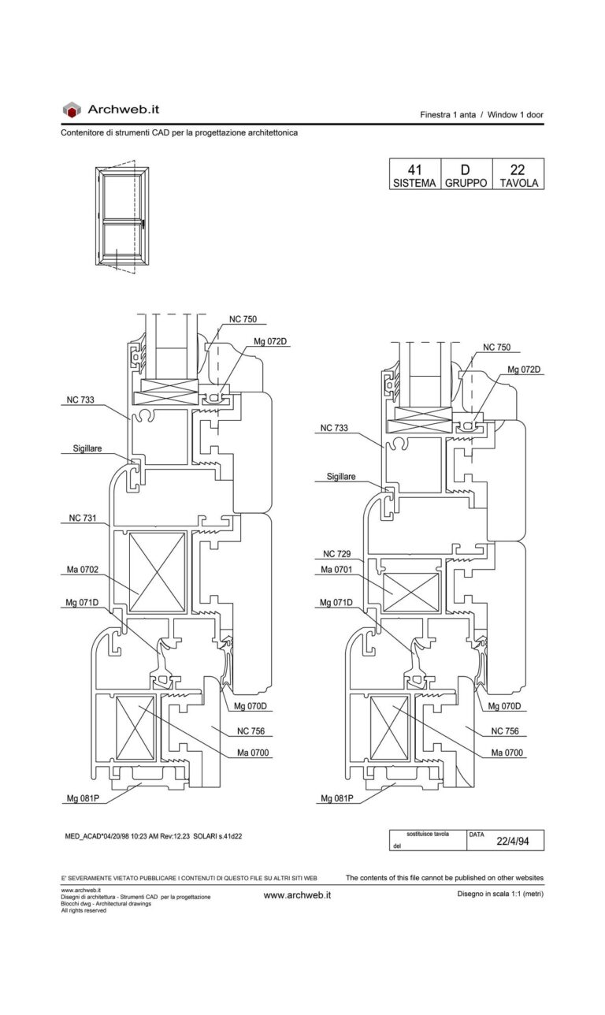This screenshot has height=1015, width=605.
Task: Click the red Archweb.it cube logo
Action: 72,110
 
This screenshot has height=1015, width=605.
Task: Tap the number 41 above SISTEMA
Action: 415,169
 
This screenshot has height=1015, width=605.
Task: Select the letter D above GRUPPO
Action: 465,169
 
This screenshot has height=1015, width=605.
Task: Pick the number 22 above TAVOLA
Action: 517,169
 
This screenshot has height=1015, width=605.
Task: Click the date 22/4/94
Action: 513,841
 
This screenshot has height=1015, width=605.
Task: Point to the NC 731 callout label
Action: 83,518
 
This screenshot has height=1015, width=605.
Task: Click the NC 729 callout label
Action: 336,554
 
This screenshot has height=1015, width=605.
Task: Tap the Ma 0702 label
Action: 83,570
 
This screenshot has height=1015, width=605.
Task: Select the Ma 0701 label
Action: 336,570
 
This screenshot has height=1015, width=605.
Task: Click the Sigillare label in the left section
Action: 87,448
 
